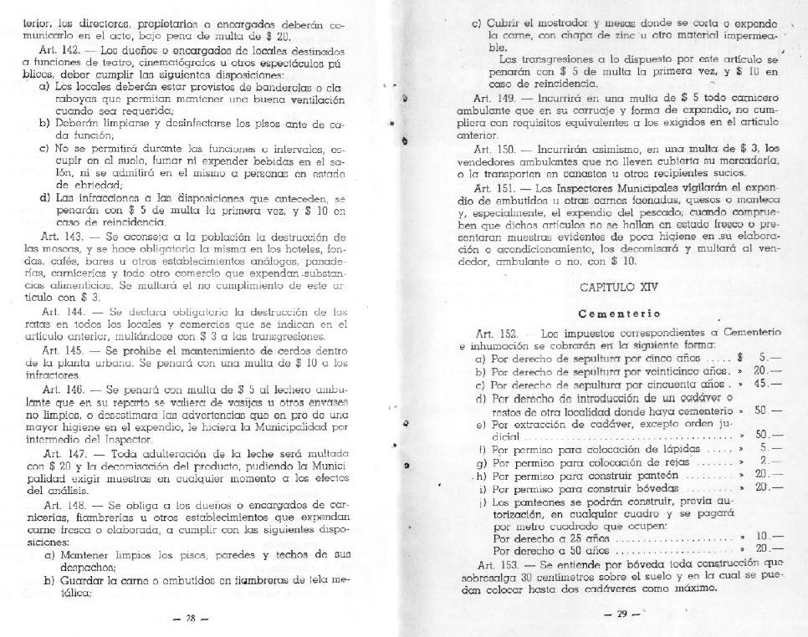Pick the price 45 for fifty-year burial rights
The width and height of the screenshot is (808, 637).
click(x=761, y=384)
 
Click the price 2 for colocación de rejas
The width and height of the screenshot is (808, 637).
click(x=764, y=461)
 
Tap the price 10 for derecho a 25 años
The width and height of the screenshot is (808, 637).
click(x=762, y=536)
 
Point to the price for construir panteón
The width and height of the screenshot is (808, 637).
click(x=761, y=473)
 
